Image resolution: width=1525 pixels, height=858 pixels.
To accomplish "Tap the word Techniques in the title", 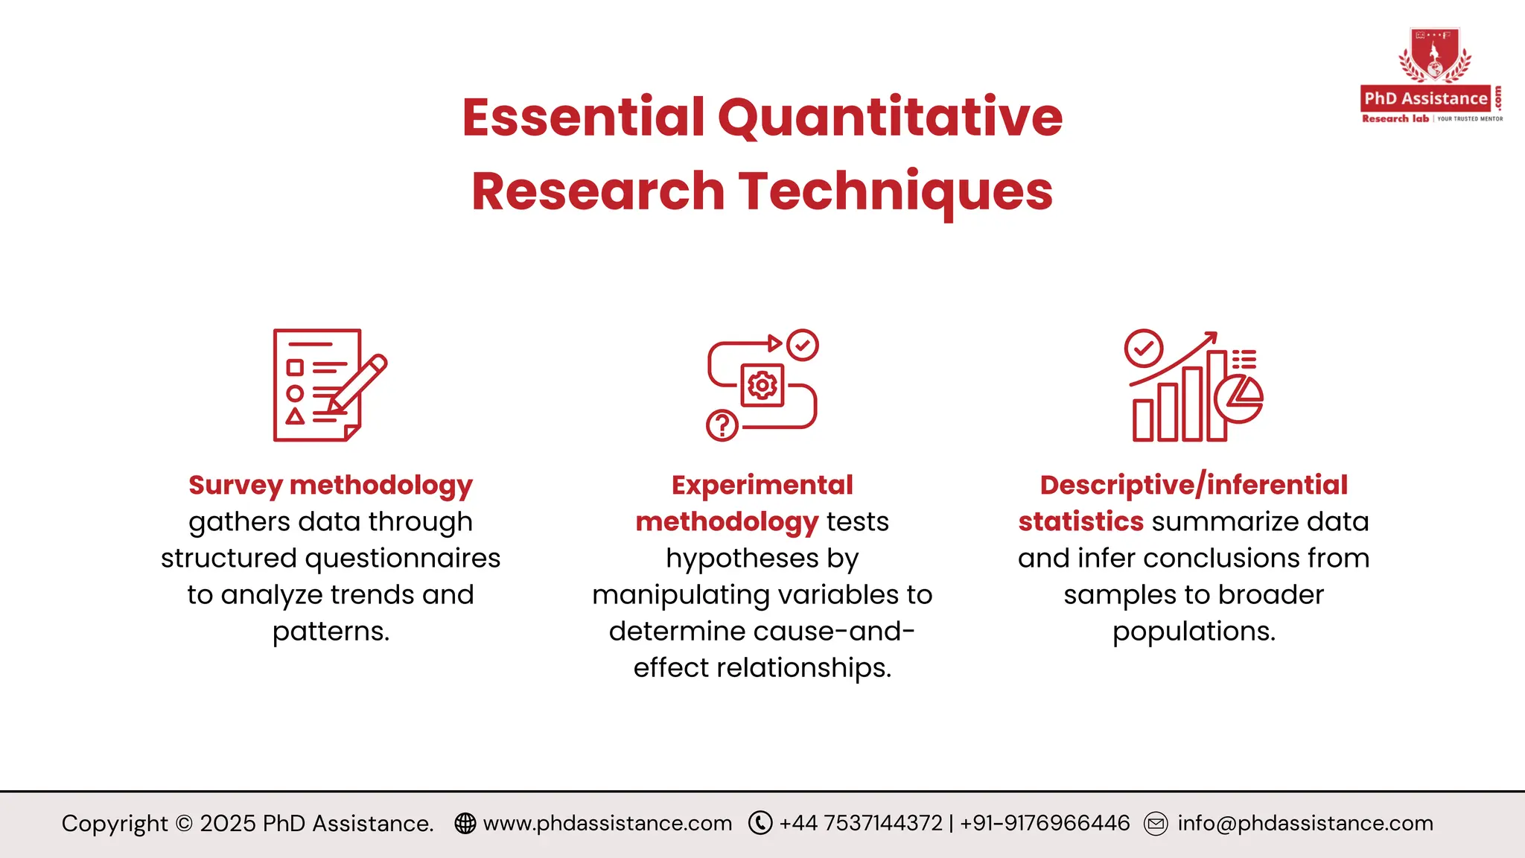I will point(896,191).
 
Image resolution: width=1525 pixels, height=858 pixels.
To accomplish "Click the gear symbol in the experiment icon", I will point(762,385).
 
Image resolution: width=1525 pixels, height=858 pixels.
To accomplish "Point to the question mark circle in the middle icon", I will point(722,425).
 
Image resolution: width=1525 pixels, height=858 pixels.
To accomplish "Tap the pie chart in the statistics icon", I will point(1239,398).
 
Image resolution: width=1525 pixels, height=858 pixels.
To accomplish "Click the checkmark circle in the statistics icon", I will point(1144,348).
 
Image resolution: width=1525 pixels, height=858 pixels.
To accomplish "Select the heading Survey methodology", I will point(331,485).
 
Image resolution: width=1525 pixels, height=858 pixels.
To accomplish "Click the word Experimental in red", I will point(762,485).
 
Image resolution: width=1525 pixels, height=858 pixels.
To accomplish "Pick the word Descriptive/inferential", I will point(1194,485).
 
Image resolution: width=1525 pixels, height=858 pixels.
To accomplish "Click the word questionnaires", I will point(403,558).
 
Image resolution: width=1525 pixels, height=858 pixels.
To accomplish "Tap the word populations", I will point(1194,632).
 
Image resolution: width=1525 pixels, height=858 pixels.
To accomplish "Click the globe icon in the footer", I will point(465,823).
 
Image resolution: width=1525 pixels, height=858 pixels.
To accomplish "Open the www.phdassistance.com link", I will point(608,823).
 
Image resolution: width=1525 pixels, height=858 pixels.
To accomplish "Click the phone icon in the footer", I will point(760,823).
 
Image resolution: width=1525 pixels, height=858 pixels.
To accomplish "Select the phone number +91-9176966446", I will point(1045,823).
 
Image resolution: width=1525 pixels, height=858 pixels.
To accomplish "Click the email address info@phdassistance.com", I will point(1305,823).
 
